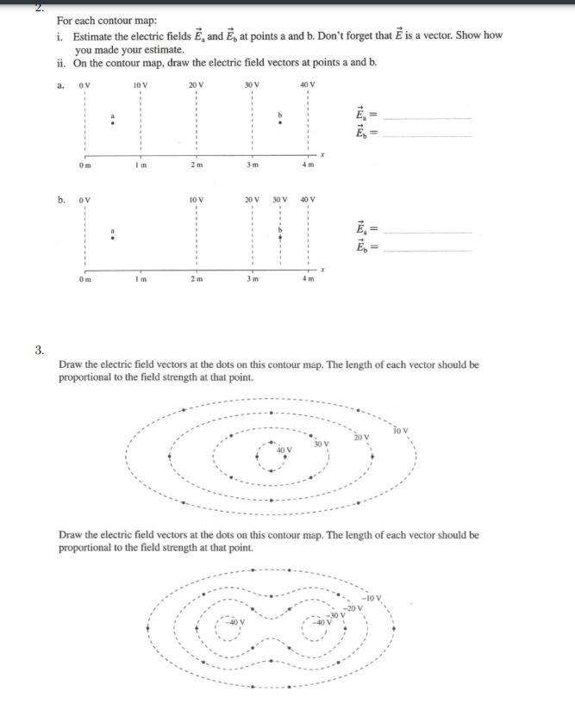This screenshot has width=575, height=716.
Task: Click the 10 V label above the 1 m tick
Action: click(140, 84)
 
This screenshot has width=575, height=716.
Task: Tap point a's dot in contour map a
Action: click(110, 122)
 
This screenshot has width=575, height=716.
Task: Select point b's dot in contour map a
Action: click(278, 122)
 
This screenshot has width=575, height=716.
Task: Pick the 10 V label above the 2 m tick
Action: click(196, 200)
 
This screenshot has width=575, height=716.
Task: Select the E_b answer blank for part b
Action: click(428, 249)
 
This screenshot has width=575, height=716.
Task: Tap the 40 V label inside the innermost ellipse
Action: click(284, 451)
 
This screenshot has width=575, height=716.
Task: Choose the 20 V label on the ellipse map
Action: click(360, 437)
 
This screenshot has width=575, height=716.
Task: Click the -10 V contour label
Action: click(371, 598)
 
